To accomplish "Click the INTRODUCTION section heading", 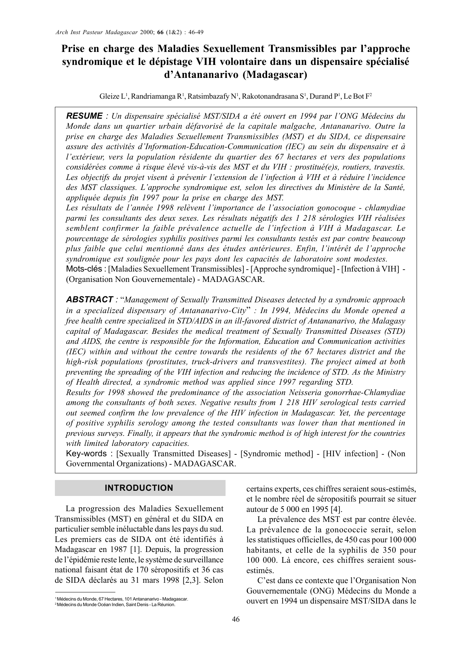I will pos(139,488).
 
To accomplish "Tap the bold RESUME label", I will pos(84,115).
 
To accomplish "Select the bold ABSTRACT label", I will pos(89,299).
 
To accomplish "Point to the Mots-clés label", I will pos(84,269).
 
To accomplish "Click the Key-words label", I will pos(86,453).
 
